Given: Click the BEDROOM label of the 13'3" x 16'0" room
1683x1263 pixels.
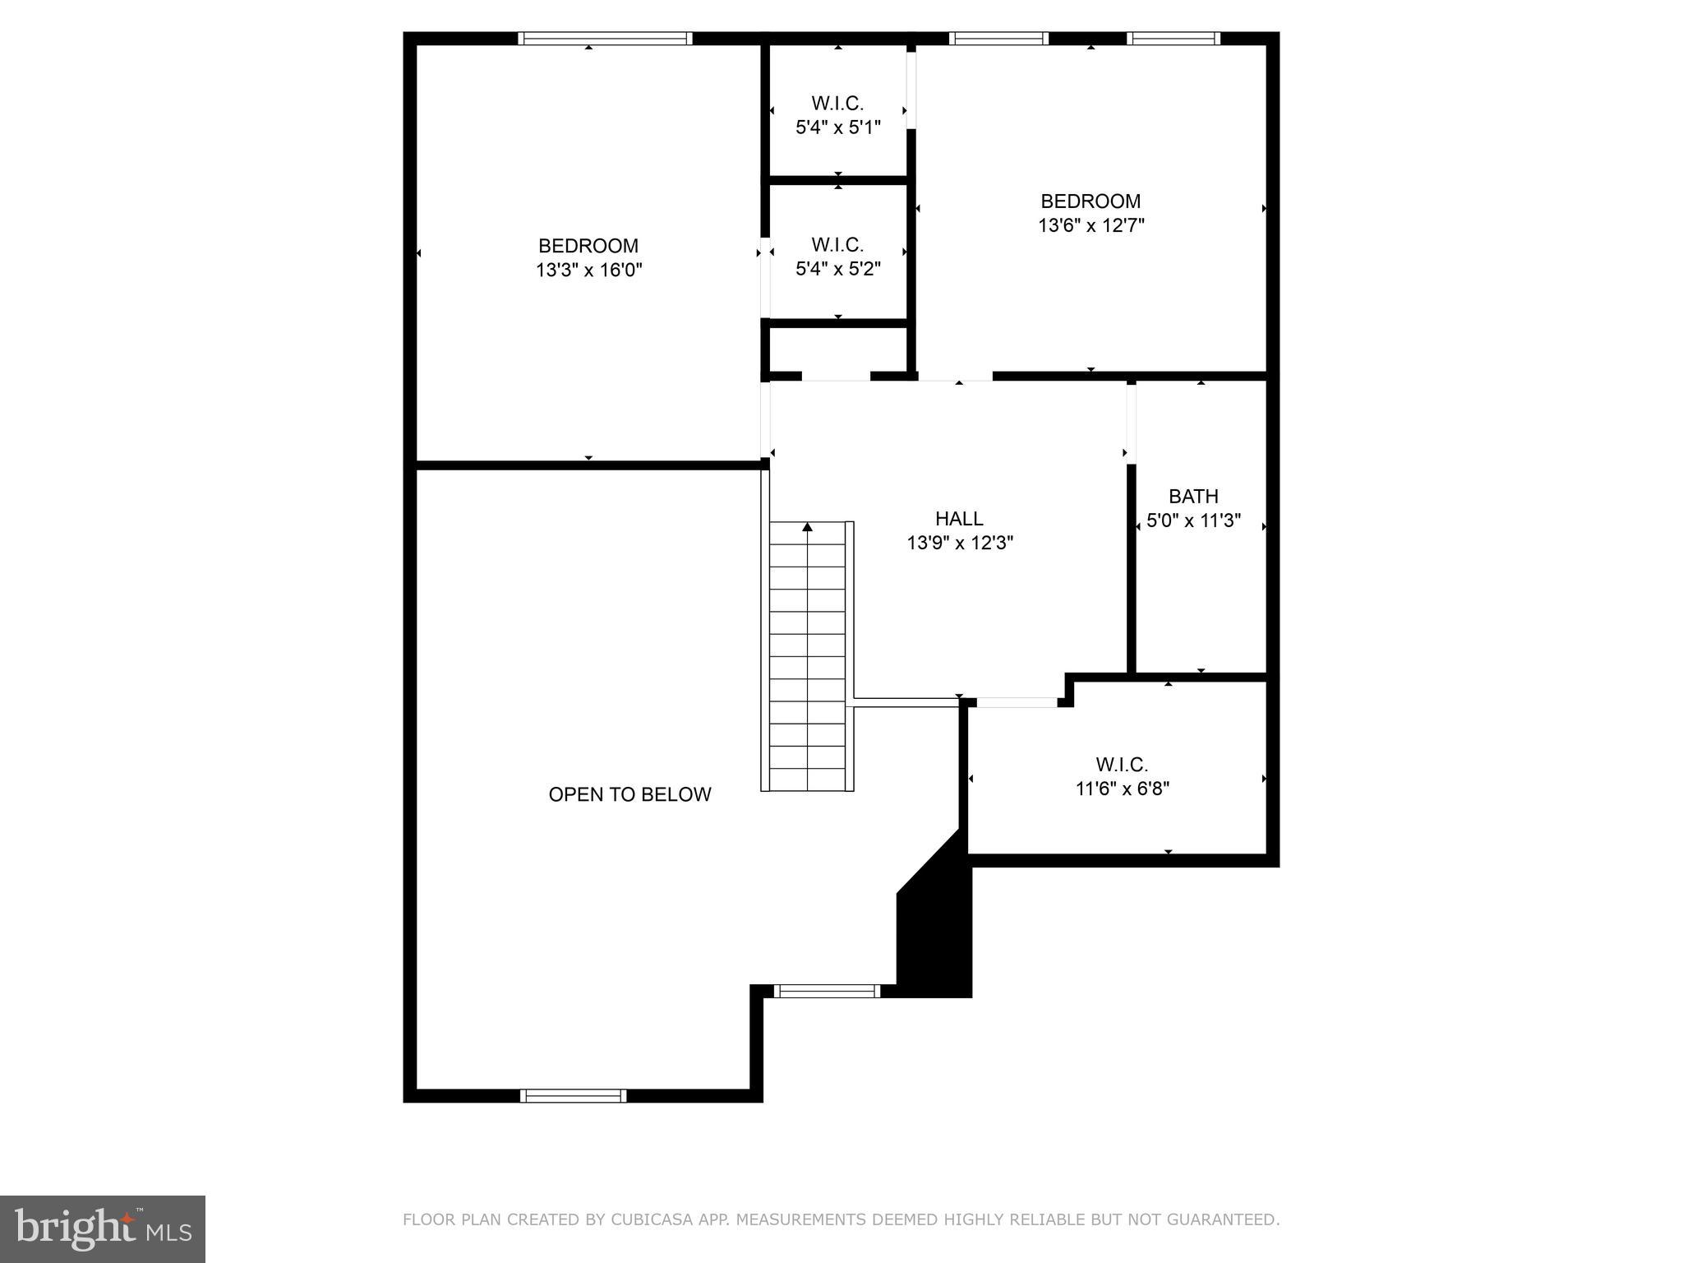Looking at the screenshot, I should pyautogui.click(x=588, y=246).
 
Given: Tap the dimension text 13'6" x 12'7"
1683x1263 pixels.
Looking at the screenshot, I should pyautogui.click(x=1090, y=225).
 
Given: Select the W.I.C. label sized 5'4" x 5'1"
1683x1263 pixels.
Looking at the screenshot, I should pyautogui.click(x=837, y=104).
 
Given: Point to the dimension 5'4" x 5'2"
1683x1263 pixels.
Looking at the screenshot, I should pyautogui.click(x=837, y=269).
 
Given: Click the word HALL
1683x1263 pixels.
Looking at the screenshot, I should pyautogui.click(x=959, y=519).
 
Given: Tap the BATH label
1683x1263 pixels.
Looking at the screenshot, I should pyautogui.click(x=1193, y=497).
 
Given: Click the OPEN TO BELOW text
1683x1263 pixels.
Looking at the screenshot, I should pyautogui.click(x=629, y=794).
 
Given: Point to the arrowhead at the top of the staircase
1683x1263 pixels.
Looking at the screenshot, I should pyautogui.click(x=807, y=527).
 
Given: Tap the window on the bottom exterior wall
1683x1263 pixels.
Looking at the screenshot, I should pyautogui.click(x=574, y=1095).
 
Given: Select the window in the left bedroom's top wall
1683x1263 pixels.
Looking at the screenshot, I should pyautogui.click(x=605, y=38).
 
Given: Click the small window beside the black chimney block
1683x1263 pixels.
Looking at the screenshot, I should pyautogui.click(x=827, y=992).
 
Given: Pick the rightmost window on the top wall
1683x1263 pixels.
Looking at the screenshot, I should pyautogui.click(x=1173, y=38).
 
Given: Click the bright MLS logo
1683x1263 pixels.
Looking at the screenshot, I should pyautogui.click(x=103, y=1228).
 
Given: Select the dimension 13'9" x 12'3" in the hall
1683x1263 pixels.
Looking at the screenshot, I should pyautogui.click(x=959, y=543).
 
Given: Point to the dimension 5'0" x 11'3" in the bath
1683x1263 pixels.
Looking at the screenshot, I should pyautogui.click(x=1193, y=520).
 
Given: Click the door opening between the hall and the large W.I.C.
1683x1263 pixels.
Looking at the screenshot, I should pyautogui.click(x=1017, y=702).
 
